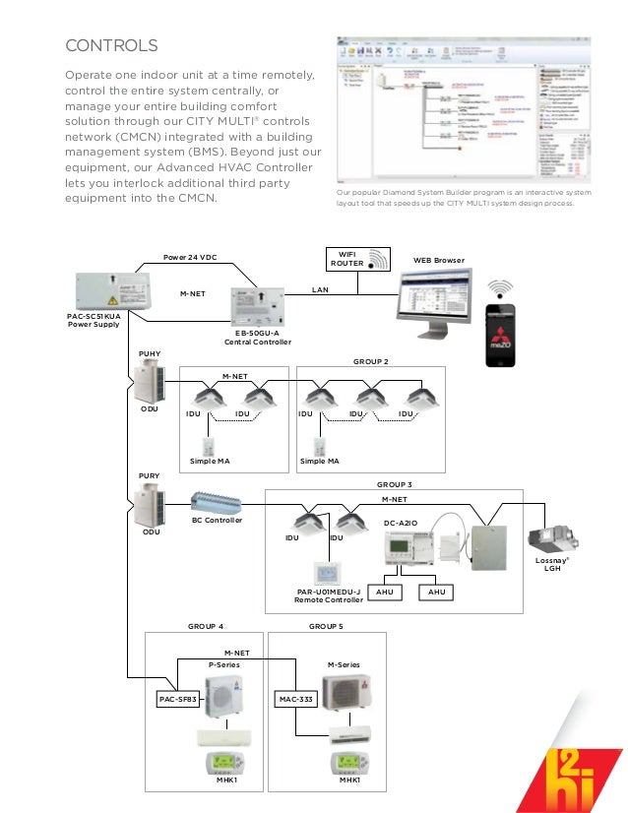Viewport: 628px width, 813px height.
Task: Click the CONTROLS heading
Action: pyautogui.click(x=111, y=45)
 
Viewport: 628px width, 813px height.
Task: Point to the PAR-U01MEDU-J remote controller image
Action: pyautogui.click(x=327, y=574)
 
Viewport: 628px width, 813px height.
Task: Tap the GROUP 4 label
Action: pyautogui.click(x=206, y=626)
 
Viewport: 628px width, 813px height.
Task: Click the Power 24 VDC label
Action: pyautogui.click(x=191, y=258)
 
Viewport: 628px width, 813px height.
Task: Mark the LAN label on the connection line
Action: pyautogui.click(x=320, y=290)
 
